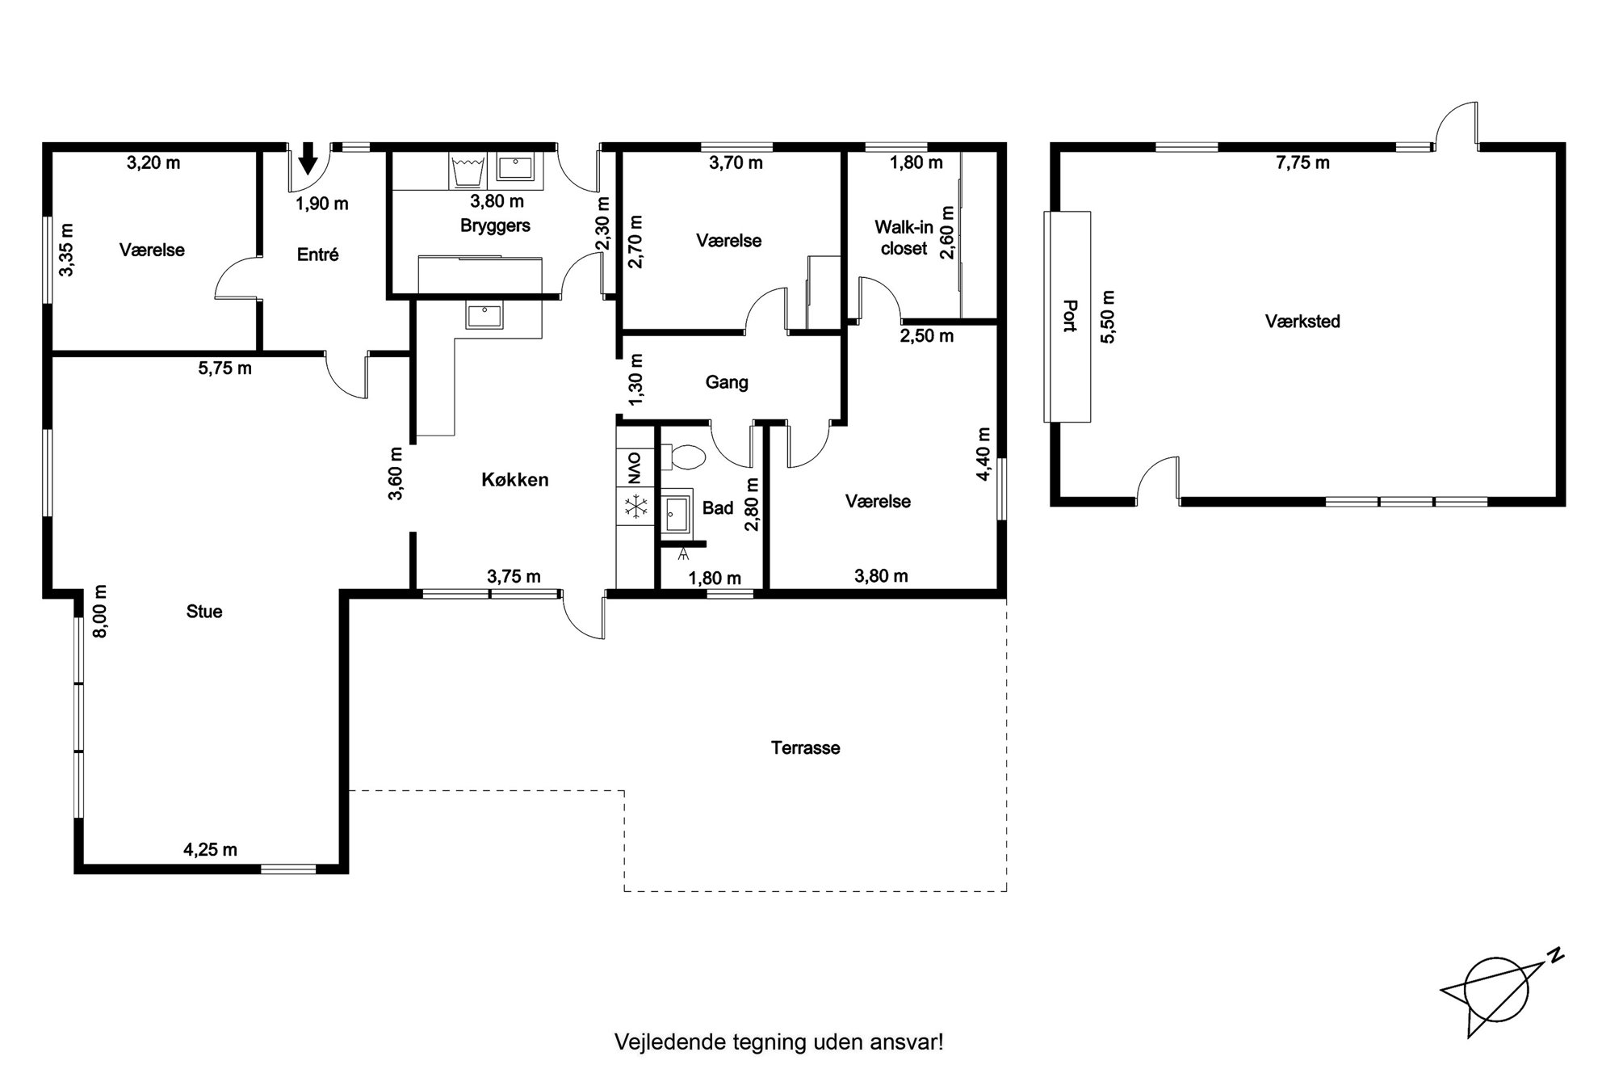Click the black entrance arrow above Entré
pos(308,158)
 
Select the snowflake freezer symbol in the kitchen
pos(636,507)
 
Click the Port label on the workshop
pos(1071,316)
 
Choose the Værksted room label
pos(1302,322)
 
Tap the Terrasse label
pos(805,748)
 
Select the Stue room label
pos(204,612)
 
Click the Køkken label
pos(514,480)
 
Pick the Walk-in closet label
pos(904,238)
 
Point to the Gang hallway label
pos(727,382)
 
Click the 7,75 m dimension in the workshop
pos(1302,163)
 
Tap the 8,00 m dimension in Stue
pos(100,611)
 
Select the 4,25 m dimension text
pos(210,849)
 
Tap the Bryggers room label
pos(495,225)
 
